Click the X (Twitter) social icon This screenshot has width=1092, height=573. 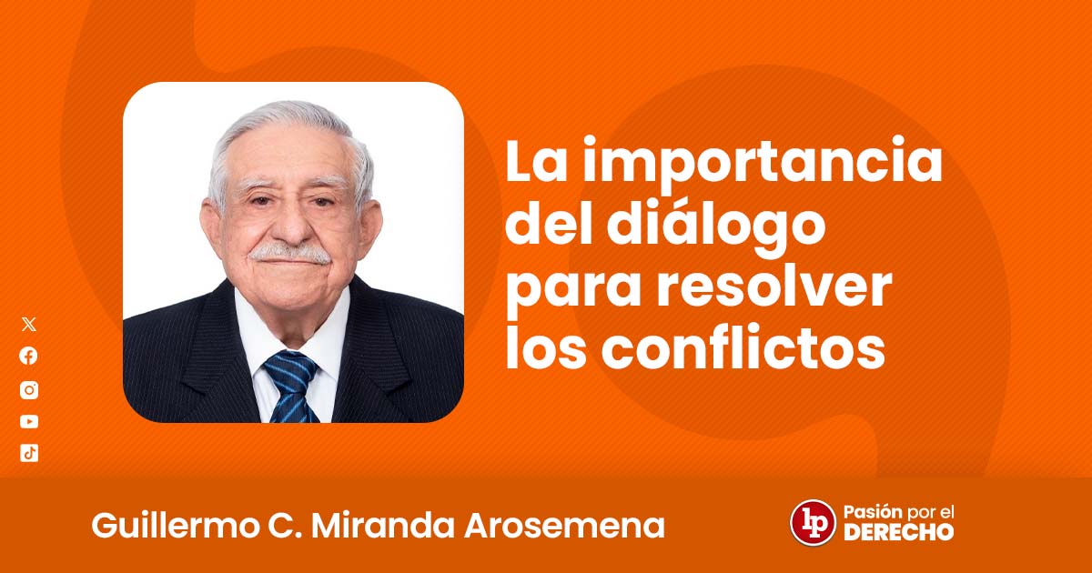tap(29, 324)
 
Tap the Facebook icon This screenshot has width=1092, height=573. tap(29, 357)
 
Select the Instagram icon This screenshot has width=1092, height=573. tap(29, 390)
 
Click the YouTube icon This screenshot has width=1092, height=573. tap(29, 421)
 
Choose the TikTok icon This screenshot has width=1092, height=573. tap(29, 453)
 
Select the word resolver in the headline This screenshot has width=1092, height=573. tap(774, 287)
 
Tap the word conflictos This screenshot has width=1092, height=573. tap(743, 347)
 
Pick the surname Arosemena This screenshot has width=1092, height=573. tap(564, 527)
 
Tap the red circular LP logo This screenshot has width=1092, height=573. tap(813, 522)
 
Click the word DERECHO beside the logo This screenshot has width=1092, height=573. tap(898, 532)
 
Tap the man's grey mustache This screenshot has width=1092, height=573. tap(290, 254)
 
